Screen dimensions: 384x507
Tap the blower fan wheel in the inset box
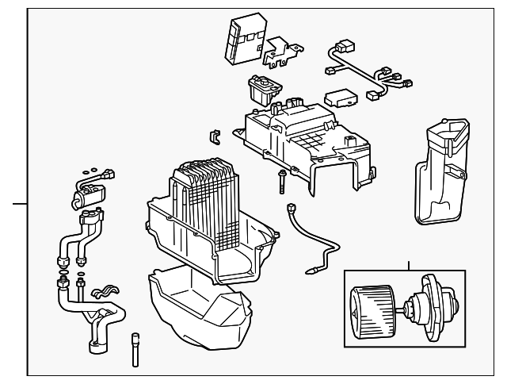point(372,305)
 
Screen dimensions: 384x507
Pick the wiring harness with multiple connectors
point(364,67)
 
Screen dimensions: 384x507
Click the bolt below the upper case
point(280,182)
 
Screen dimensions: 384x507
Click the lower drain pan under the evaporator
point(198,309)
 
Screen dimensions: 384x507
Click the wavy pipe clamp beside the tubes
point(105,298)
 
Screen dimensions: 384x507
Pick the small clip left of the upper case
point(212,136)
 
